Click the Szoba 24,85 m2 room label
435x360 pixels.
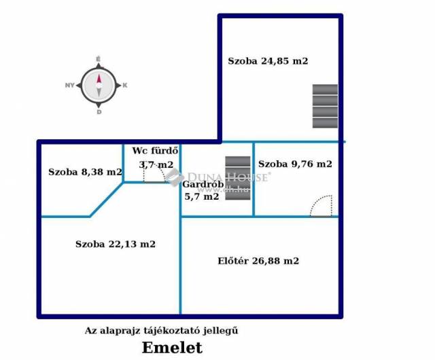[x=267, y=60]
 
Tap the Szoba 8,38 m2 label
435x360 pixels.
[x=84, y=172]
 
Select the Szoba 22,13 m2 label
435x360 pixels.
[x=116, y=244]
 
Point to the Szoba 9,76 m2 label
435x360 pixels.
[x=295, y=164]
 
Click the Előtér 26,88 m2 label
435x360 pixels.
[x=258, y=260]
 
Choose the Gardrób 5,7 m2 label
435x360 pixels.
[x=201, y=190]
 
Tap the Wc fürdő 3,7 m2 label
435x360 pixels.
[x=156, y=158]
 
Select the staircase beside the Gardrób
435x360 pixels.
[x=238, y=175]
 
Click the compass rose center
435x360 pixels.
[x=99, y=86]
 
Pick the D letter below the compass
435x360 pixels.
[x=99, y=112]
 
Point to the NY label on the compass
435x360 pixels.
[x=69, y=86]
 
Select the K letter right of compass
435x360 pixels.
[x=125, y=86]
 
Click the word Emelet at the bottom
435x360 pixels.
[x=171, y=348]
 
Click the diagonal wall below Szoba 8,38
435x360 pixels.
[x=107, y=202]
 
